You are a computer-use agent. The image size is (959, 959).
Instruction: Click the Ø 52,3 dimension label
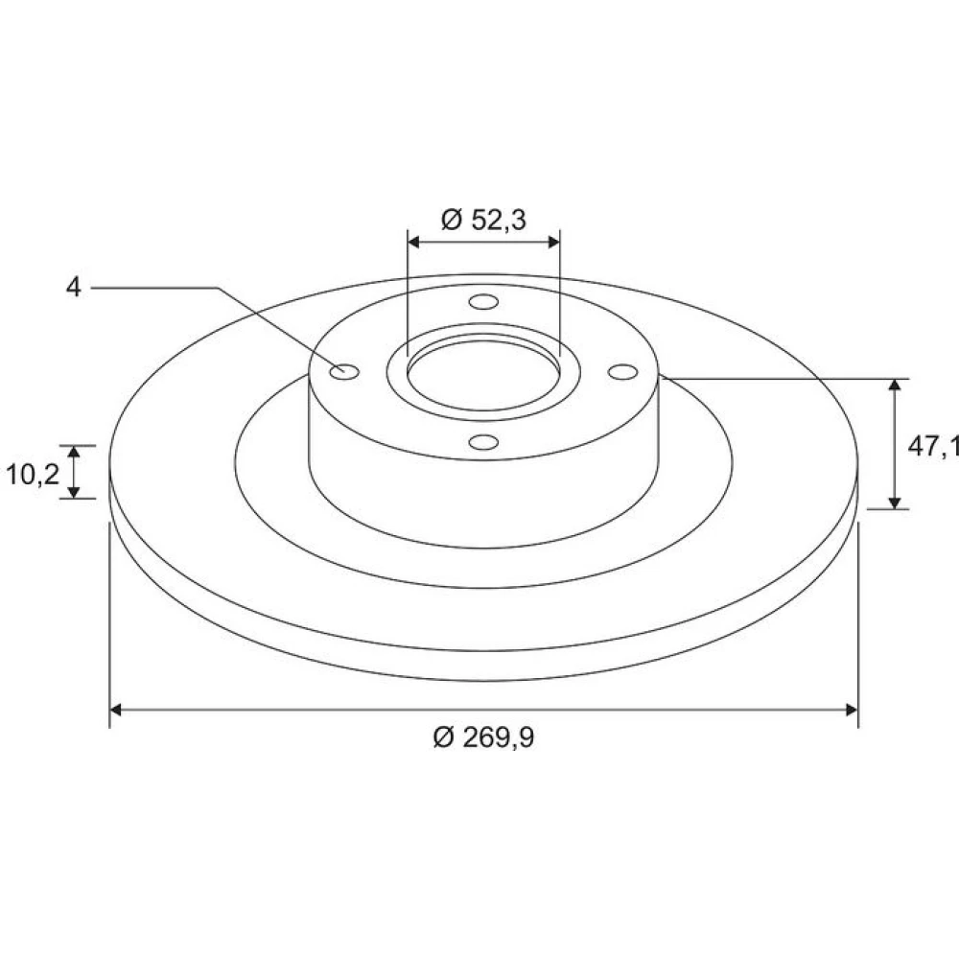click(483, 220)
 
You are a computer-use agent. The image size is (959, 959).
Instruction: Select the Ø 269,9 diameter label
click(483, 737)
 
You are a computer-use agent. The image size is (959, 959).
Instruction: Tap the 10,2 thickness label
click(33, 474)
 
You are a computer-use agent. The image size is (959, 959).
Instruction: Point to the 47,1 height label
click(933, 447)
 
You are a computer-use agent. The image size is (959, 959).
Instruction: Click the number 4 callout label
click(74, 287)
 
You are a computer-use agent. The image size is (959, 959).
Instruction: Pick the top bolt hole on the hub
click(483, 301)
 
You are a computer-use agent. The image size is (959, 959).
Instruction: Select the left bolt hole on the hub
click(344, 370)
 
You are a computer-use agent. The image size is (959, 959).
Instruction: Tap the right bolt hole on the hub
click(623, 372)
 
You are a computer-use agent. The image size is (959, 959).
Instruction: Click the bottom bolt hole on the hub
click(483, 441)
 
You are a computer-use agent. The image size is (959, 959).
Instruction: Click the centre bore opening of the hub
click(483, 374)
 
